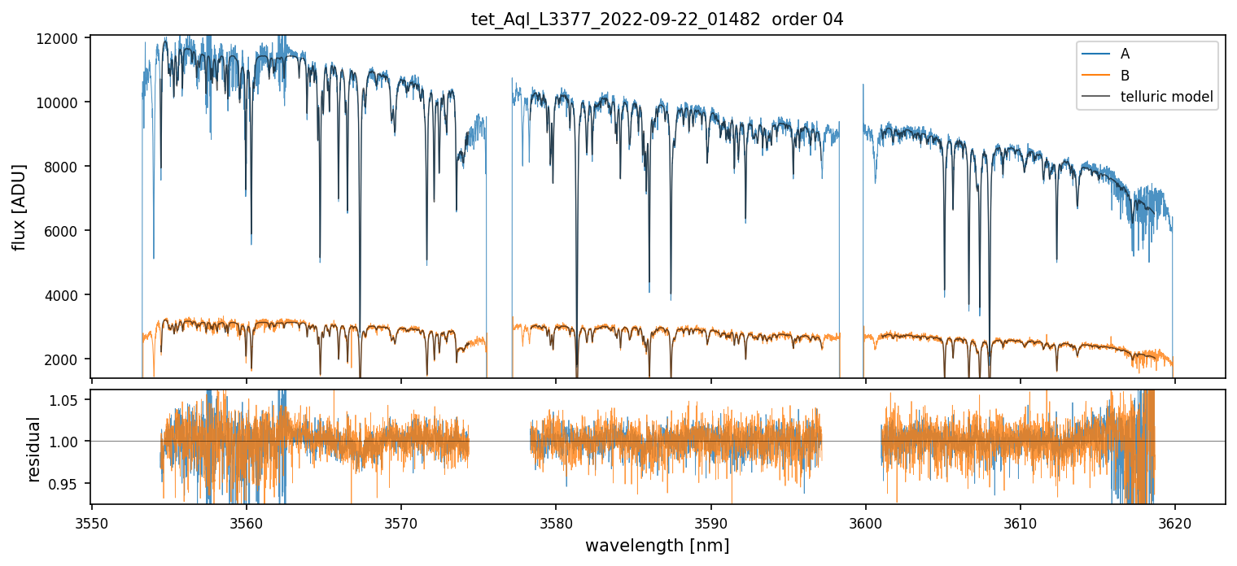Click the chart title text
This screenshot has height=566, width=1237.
click(657, 20)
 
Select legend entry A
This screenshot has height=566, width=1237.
click(1125, 54)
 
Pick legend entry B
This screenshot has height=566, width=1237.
click(1125, 76)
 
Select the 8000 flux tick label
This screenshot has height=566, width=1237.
click(63, 167)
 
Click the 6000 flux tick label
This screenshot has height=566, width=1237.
click(63, 231)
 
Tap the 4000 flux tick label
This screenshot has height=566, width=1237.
click(63, 295)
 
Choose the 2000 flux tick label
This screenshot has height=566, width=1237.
click(63, 359)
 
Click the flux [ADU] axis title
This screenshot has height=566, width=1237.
click(19, 207)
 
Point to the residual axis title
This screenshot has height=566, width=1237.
click(33, 449)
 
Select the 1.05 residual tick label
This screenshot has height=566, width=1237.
click(66, 400)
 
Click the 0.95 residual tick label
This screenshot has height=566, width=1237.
click(66, 484)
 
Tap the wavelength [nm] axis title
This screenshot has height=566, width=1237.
click(657, 545)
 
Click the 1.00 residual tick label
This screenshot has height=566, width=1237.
click(66, 442)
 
